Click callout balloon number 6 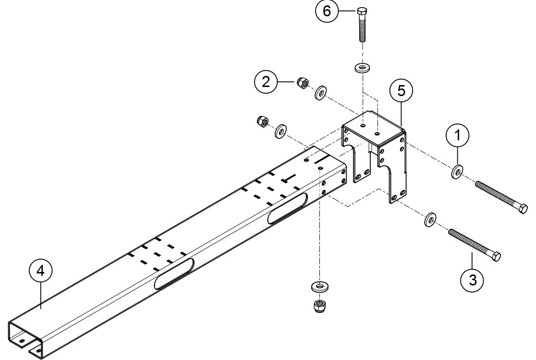tap(327, 11)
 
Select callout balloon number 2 tap(265, 82)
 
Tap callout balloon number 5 tap(402, 89)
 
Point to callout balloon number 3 tap(473, 279)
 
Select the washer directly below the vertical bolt tap(361, 66)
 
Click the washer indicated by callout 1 tap(457, 171)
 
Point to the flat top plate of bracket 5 tap(371, 129)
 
